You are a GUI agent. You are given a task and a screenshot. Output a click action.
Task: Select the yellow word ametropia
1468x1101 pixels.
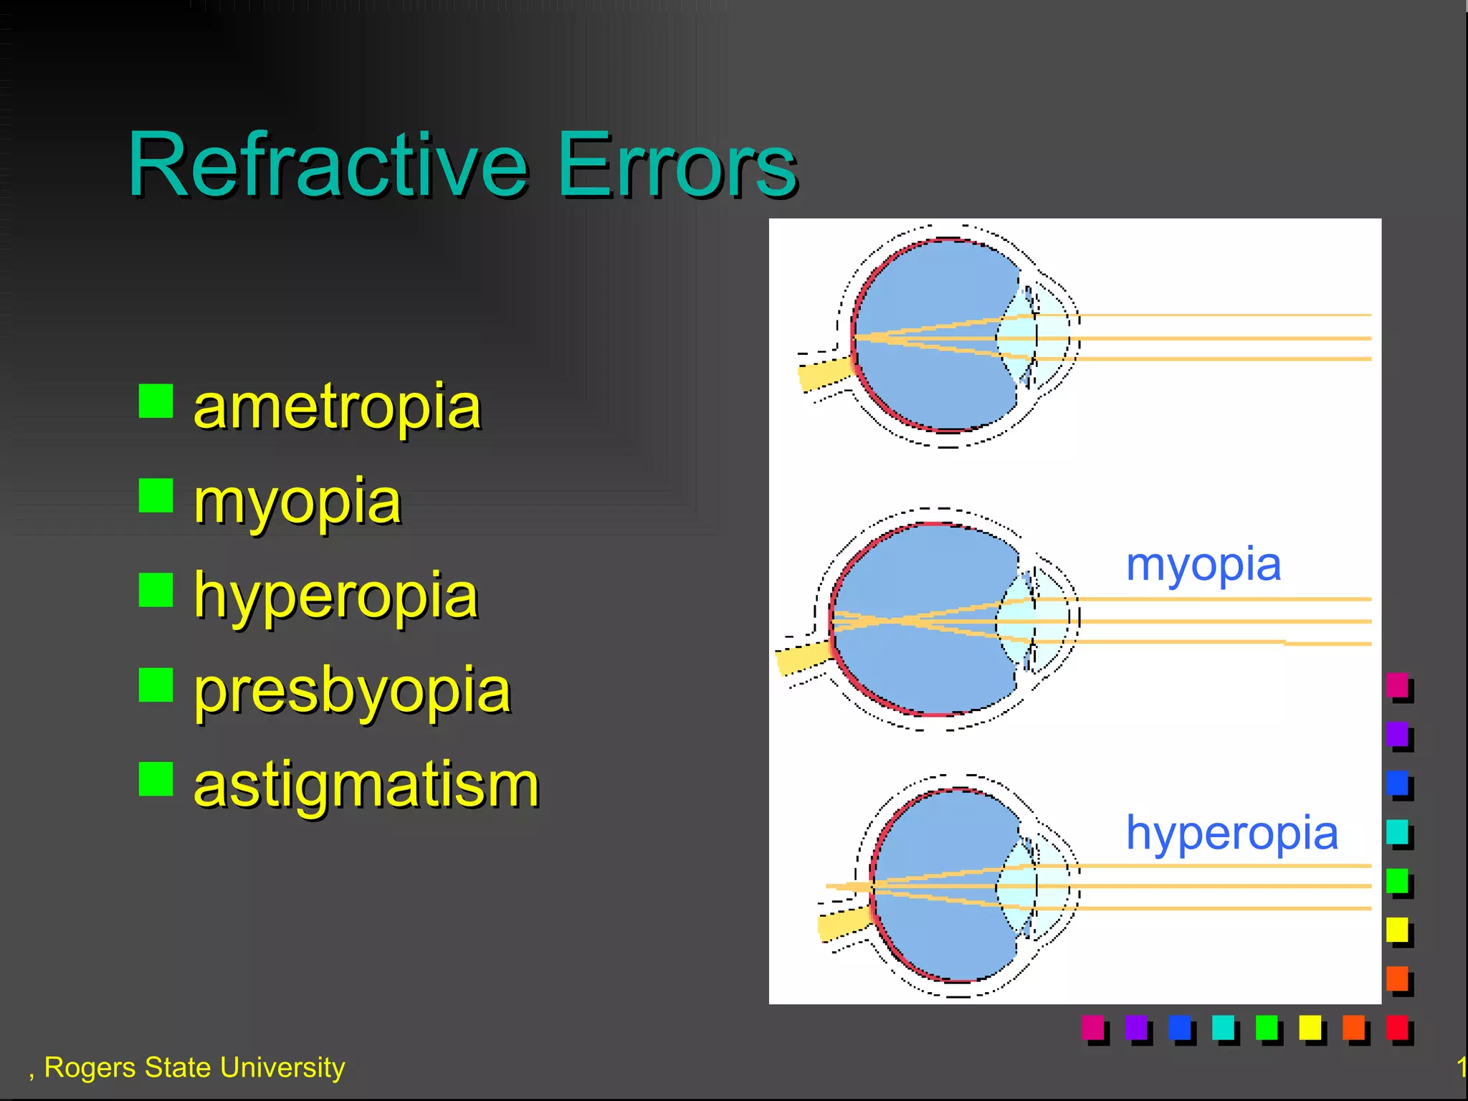[337, 407]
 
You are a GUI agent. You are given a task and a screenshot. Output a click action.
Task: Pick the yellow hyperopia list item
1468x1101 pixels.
[335, 596]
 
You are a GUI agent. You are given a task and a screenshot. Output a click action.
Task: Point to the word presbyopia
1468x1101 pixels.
[352, 691]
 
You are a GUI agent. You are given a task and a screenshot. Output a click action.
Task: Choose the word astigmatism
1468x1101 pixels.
[366, 786]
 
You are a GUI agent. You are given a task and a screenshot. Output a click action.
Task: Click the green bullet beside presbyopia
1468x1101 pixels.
[156, 685]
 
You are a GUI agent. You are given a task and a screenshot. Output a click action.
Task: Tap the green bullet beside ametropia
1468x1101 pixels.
[156, 401]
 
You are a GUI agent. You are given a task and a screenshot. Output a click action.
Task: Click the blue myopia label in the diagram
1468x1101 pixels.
[1203, 566]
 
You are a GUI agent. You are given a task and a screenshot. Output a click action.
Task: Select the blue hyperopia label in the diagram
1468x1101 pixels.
[1231, 833]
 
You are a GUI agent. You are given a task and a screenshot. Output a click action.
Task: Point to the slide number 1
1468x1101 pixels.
[1461, 1067]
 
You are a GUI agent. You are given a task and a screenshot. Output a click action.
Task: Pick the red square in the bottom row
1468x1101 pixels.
[1396, 1027]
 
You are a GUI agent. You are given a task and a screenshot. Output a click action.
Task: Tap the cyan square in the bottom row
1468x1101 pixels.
[1223, 1027]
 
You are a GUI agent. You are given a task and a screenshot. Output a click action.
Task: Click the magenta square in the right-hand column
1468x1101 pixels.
[1397, 685]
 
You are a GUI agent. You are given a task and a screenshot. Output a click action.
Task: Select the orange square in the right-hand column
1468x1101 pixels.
[1397, 978]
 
